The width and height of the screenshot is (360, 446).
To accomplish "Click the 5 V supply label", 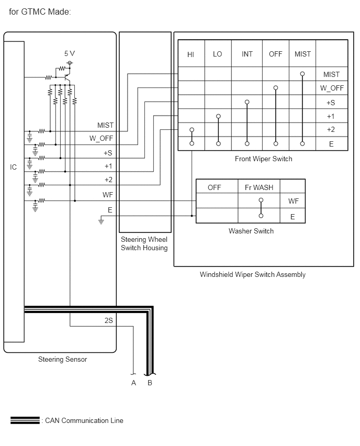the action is tap(70, 53).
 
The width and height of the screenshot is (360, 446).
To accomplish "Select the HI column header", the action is tap(190, 54).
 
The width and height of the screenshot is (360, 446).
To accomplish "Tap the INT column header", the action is tap(247, 54).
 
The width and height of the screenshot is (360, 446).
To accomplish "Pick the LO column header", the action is tap(217, 54).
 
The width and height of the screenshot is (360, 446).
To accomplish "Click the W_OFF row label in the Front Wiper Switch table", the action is tap(332, 88).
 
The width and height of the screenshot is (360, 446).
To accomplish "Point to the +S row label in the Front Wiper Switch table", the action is tap(331, 103).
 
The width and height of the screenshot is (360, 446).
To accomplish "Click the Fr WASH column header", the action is tap(259, 187).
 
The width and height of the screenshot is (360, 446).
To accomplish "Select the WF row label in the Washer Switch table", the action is tap(293, 201).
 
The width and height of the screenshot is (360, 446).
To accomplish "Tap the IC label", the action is tap(14, 167).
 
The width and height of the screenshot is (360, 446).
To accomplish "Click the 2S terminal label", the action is tap(109, 320).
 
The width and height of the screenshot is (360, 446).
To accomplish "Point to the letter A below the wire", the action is tap(133, 383).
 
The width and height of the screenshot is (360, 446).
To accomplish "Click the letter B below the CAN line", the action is tap(150, 383).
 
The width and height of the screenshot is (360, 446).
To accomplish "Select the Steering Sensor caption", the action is tap(63, 359).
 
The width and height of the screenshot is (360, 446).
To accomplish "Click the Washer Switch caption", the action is tap(251, 231).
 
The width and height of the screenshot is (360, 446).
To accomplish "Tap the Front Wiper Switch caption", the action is tap(264, 159).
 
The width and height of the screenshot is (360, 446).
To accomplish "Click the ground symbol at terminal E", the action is tap(101, 220).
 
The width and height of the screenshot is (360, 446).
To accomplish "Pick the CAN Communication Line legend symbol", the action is tap(25, 420).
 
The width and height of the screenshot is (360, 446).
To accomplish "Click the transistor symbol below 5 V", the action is tap(67, 77).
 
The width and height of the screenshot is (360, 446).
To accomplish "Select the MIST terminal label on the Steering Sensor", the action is tap(105, 125).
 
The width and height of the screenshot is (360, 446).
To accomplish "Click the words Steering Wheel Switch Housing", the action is tap(144, 243).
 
